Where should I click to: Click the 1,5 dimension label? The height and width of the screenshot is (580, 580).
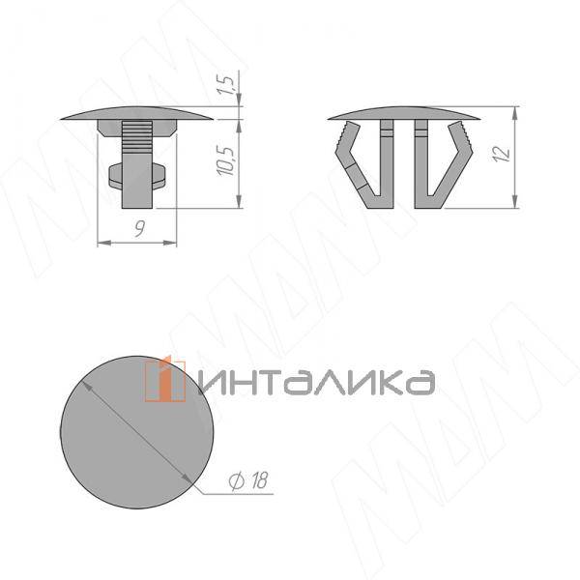(x=226, y=85)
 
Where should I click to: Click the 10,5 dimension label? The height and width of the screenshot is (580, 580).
(x=226, y=161)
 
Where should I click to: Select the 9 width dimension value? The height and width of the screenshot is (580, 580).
(x=139, y=229)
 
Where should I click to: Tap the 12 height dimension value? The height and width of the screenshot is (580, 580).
(x=501, y=154)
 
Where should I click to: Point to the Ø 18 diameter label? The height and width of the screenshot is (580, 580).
(x=247, y=480)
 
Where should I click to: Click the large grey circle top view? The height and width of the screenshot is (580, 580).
(x=137, y=432)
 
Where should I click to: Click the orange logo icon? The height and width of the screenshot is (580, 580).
(x=165, y=379)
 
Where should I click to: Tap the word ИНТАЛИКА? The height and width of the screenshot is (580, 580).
(x=317, y=382)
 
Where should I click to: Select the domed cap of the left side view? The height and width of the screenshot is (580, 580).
(x=137, y=113)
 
